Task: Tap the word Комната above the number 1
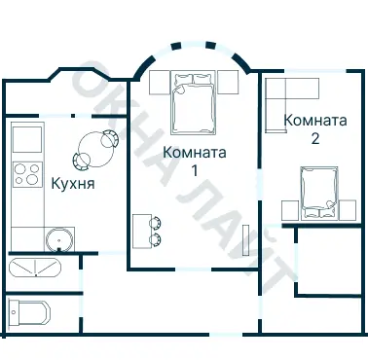(195, 153)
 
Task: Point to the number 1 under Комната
(195, 170)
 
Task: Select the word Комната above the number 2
(315, 122)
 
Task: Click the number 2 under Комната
(315, 139)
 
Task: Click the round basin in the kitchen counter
(58, 238)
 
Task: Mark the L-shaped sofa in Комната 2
(292, 94)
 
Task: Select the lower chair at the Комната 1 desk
(156, 239)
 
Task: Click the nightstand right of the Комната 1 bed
(229, 82)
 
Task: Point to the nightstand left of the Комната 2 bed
(289, 210)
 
